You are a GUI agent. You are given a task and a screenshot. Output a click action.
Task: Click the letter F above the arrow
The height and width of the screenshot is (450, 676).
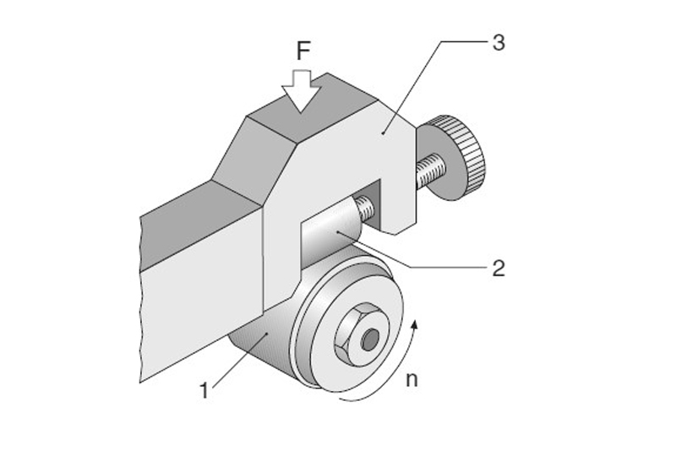(303, 52)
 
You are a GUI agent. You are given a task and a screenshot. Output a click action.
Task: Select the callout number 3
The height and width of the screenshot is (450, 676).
(499, 42)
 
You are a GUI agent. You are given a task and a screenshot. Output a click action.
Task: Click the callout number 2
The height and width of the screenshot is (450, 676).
(499, 268)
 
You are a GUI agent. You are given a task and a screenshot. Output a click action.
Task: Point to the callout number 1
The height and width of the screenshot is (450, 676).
(204, 391)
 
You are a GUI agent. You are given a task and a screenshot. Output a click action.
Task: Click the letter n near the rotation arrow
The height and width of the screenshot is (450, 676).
(412, 380)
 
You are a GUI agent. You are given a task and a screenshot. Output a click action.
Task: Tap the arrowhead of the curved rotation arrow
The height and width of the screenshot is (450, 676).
(415, 324)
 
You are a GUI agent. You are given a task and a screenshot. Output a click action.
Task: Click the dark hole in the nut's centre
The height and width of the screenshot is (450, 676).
(370, 339)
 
